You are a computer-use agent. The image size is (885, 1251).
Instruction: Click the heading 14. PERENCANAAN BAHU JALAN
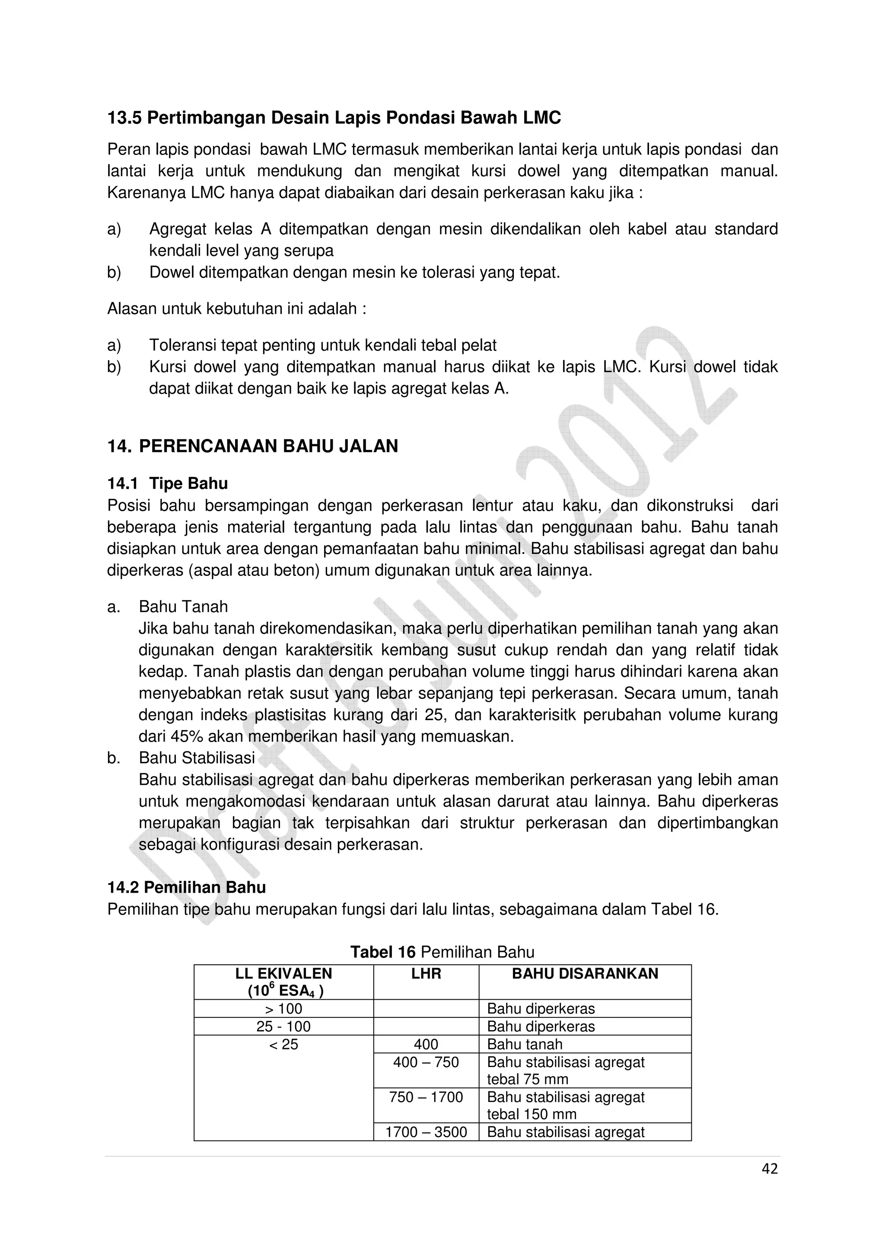coord(252,446)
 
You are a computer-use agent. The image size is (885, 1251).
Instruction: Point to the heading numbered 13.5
coord(334,118)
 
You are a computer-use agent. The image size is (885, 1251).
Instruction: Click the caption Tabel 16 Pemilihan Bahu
coord(442,952)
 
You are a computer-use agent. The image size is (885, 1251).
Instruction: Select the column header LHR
coord(426,974)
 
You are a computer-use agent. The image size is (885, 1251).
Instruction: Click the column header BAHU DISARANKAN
coord(585,974)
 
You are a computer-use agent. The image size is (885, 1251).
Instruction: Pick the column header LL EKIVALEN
coord(283,974)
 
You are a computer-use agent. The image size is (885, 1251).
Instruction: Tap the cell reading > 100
coord(283,1008)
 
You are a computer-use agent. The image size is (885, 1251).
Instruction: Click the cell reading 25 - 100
coord(283,1027)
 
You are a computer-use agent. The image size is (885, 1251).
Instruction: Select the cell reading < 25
coord(283,1045)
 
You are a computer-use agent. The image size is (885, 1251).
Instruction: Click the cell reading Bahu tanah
coord(524,1045)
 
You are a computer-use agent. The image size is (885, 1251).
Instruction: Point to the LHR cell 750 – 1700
coord(426,1097)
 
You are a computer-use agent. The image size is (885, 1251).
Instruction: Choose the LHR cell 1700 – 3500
coord(426,1132)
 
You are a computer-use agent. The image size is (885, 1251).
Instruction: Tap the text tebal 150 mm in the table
coord(531,1114)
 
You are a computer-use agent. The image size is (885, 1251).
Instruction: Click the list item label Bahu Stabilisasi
coord(197,758)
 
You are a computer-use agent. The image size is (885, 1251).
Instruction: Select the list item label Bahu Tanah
coord(183,607)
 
